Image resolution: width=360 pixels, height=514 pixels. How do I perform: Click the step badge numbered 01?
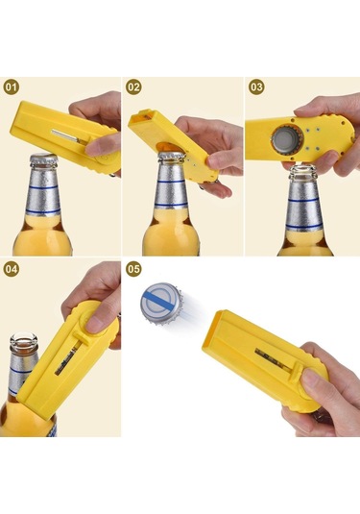12,87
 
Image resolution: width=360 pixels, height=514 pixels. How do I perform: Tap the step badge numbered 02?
133,87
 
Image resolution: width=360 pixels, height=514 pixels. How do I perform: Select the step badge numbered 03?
256,87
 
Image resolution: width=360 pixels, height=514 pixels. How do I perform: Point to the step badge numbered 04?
12,269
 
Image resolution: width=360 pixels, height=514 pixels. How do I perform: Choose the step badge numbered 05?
133,269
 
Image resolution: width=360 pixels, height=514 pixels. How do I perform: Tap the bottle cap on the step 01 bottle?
43,159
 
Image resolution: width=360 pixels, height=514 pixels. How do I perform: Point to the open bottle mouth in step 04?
24,340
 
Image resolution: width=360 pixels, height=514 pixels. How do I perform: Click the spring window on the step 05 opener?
272,359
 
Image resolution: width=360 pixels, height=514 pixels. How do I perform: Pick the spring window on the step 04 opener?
66,358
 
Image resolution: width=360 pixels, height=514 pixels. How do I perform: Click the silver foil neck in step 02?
171,185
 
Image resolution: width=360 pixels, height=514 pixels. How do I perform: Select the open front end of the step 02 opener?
141,117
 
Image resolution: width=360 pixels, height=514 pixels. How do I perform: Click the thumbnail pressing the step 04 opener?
95,324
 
